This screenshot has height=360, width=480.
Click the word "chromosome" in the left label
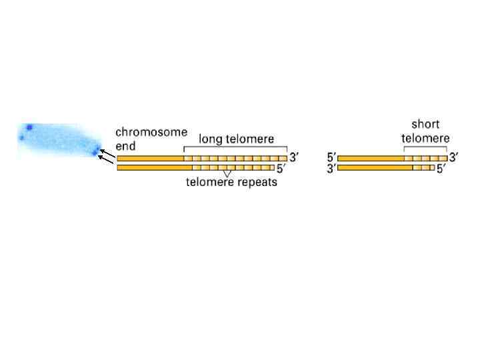coord(151,132)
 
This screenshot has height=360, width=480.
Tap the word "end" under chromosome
coord(127,145)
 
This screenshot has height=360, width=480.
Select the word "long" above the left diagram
coord(211,140)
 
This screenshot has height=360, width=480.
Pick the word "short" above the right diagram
coord(425,125)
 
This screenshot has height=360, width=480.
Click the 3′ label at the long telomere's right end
coord(294,158)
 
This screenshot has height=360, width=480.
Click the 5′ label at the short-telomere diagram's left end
coord(331,158)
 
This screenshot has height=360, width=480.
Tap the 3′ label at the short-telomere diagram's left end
coord(331,169)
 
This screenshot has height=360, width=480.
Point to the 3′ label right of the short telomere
coord(454,158)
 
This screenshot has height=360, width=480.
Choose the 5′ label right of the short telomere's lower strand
coord(441,169)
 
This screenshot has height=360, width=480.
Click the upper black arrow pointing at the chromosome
coord(105,154)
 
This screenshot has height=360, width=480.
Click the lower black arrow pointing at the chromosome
coord(105,160)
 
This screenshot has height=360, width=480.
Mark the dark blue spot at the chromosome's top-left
coord(29,127)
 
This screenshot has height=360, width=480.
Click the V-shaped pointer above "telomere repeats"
coord(227,174)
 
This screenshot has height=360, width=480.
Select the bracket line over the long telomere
coord(235,149)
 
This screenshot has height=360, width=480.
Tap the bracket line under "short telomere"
coord(425,148)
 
